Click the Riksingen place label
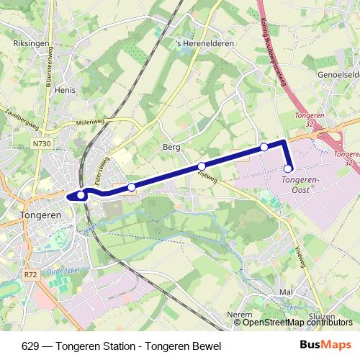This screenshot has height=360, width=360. pyautogui.click(x=31, y=43)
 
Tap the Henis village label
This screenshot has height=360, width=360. pyautogui.click(x=65, y=91)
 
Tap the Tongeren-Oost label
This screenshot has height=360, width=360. pyautogui.click(x=302, y=184)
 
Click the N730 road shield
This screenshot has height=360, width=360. pyautogui.click(x=42, y=144)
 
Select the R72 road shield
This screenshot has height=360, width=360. pyautogui.click(x=30, y=274)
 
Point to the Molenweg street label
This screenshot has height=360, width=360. pyautogui.click(x=91, y=122)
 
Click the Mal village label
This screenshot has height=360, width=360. pyautogui.click(x=286, y=293)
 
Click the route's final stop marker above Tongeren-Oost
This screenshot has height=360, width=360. pyautogui.click(x=288, y=169)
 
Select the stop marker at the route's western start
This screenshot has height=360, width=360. pyautogui.click(x=81, y=195)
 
